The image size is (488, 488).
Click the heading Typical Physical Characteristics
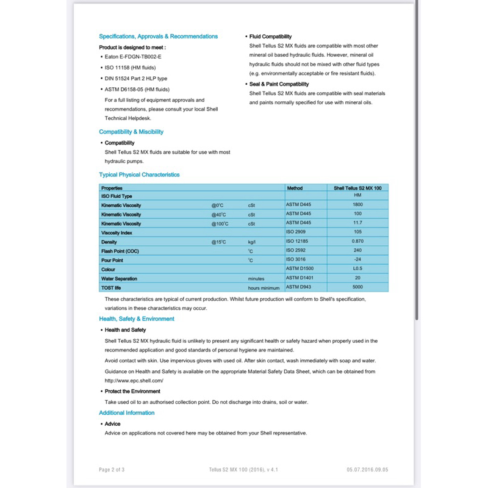[139, 174]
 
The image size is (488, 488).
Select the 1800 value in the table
[357, 206]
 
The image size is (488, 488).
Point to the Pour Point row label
[112, 260]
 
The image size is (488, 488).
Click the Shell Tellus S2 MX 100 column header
[357, 188]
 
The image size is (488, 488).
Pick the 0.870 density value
[357, 242]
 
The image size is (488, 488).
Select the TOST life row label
[111, 288]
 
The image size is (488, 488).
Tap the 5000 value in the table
[357, 287]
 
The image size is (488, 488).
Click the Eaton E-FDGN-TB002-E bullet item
[132, 56]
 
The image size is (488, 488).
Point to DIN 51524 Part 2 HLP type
[135, 79]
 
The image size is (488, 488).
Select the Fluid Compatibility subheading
[270, 37]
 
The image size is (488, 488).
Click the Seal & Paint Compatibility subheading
[279, 84]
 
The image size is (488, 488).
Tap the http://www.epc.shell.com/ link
[134, 381]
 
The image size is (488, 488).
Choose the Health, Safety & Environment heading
[137, 319]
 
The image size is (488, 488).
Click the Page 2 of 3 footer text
[112, 470]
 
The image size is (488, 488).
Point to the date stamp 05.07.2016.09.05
[367, 470]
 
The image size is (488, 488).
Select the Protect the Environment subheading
[132, 392]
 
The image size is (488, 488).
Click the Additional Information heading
[127, 413]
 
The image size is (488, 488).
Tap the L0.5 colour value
[357, 269]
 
